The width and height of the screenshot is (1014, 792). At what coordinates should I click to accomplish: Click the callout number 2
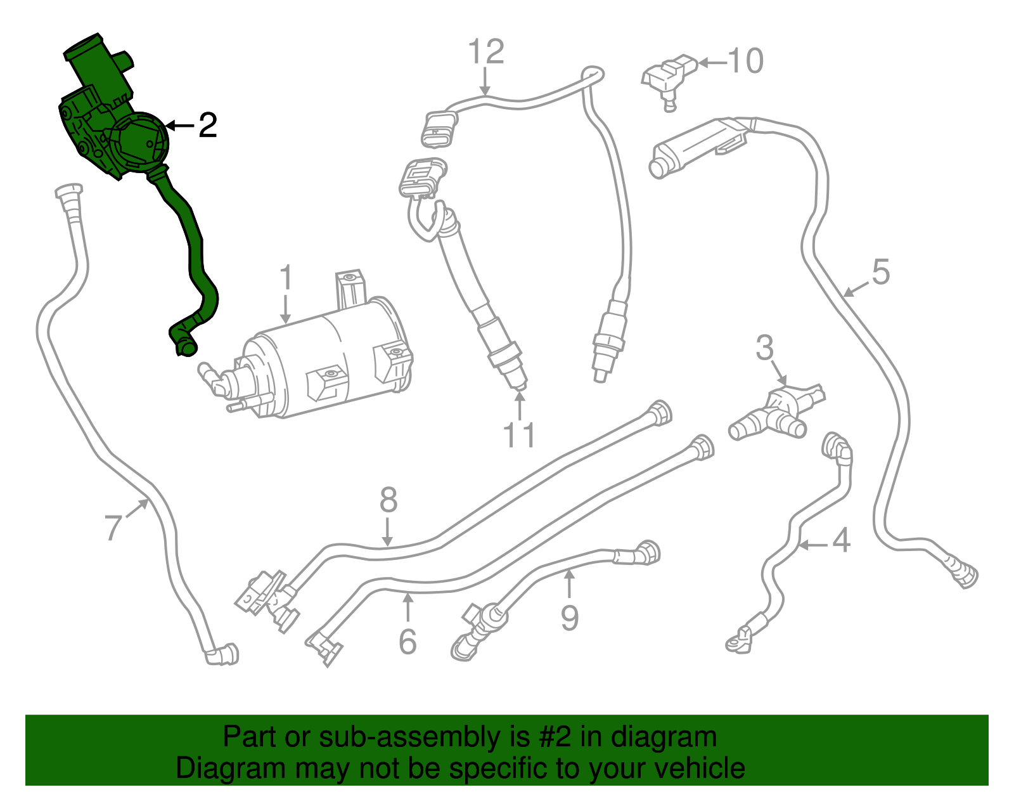[x=208, y=125]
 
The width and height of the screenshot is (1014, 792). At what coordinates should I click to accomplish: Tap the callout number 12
[x=486, y=51]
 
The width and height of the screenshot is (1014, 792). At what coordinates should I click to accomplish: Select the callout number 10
[x=745, y=61]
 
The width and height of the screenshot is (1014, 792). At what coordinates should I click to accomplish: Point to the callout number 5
[x=880, y=271]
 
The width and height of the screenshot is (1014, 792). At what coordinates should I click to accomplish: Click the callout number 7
[x=113, y=528]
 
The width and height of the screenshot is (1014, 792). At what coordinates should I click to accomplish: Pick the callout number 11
[x=520, y=435]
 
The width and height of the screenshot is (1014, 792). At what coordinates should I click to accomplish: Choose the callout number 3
[x=764, y=347]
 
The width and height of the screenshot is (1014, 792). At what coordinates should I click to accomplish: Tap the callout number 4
[x=842, y=540]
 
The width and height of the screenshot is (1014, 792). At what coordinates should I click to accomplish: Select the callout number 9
[x=569, y=618]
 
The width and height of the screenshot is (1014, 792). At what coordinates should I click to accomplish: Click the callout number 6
[x=408, y=642]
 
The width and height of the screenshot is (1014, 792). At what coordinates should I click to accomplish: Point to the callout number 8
[x=388, y=500]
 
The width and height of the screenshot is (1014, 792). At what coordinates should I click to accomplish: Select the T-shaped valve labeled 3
[x=777, y=413]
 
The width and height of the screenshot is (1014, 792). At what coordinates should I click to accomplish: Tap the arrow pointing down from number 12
[x=485, y=81]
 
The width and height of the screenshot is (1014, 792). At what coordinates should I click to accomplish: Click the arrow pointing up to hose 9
[x=569, y=583]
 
